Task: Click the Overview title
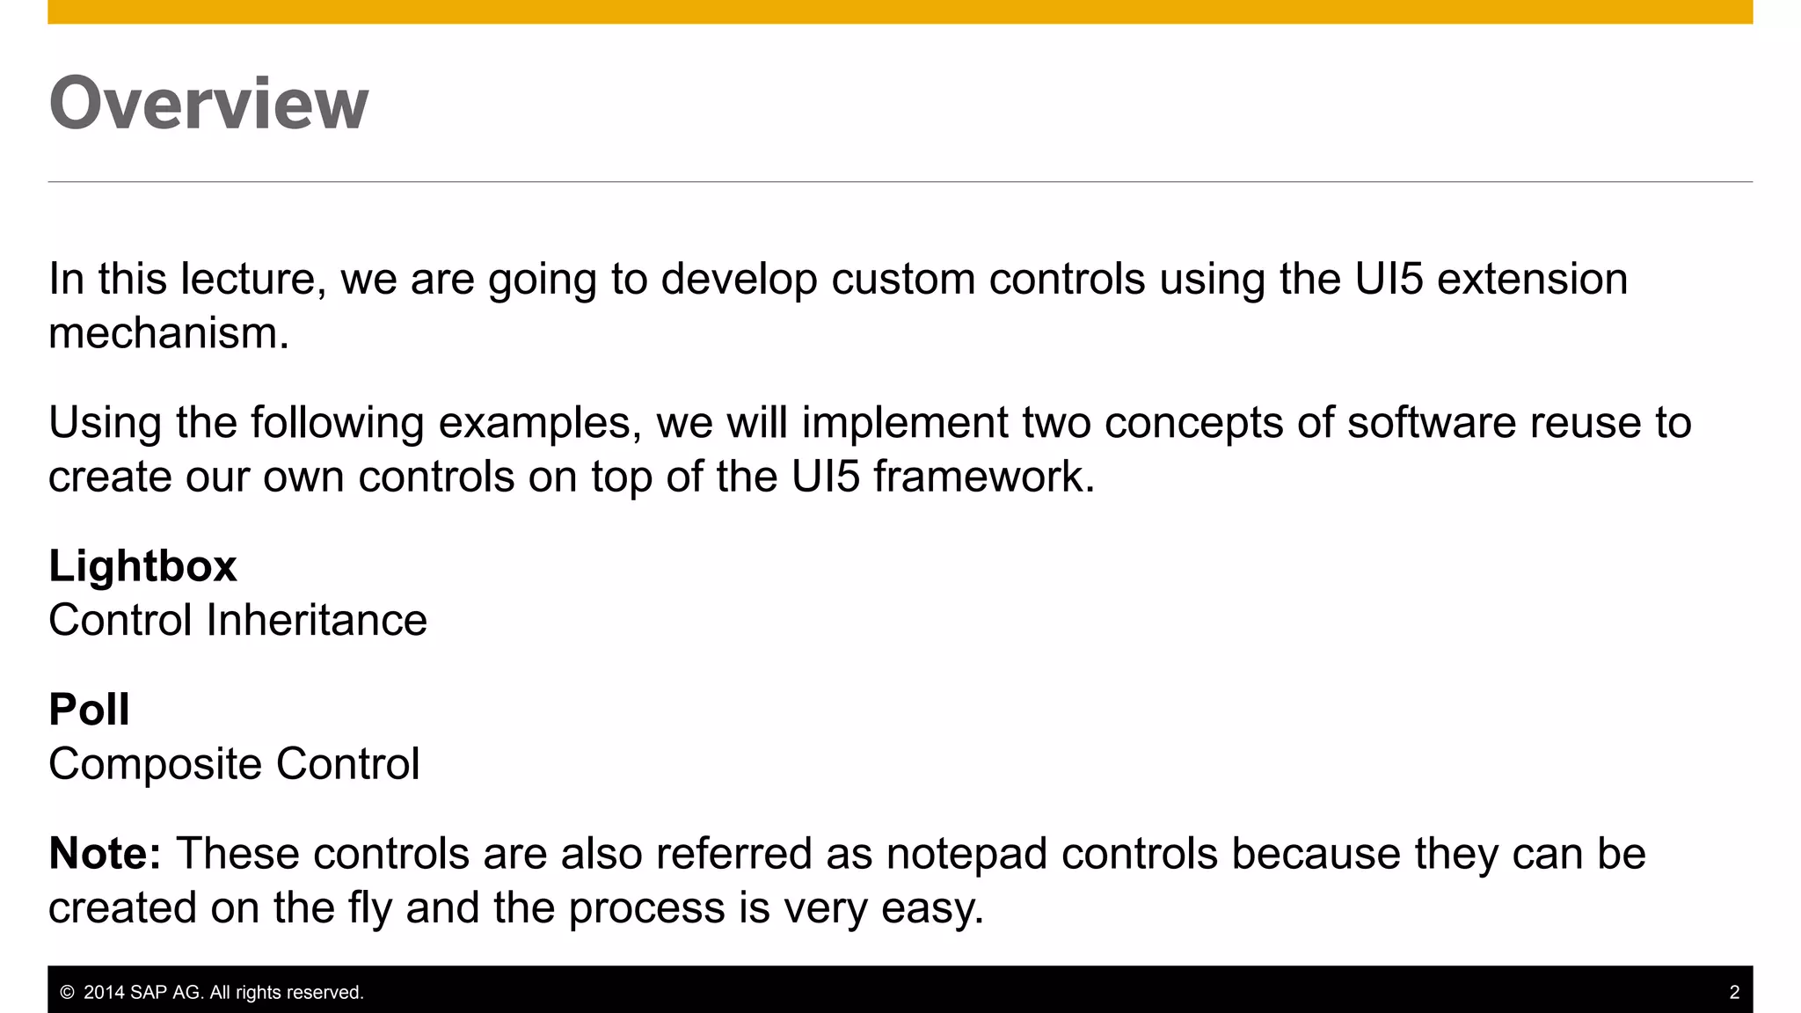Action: [208, 104]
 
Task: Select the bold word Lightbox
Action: [142, 565]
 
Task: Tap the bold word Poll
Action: [89, 710]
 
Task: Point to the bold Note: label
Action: [105, 853]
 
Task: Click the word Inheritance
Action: [317, 620]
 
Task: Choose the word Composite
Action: [155, 764]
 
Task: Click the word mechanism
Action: [167, 334]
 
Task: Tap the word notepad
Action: [966, 854]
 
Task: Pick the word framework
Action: [983, 477]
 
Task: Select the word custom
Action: [902, 280]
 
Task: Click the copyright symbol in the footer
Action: [67, 993]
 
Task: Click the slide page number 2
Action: [1734, 993]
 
